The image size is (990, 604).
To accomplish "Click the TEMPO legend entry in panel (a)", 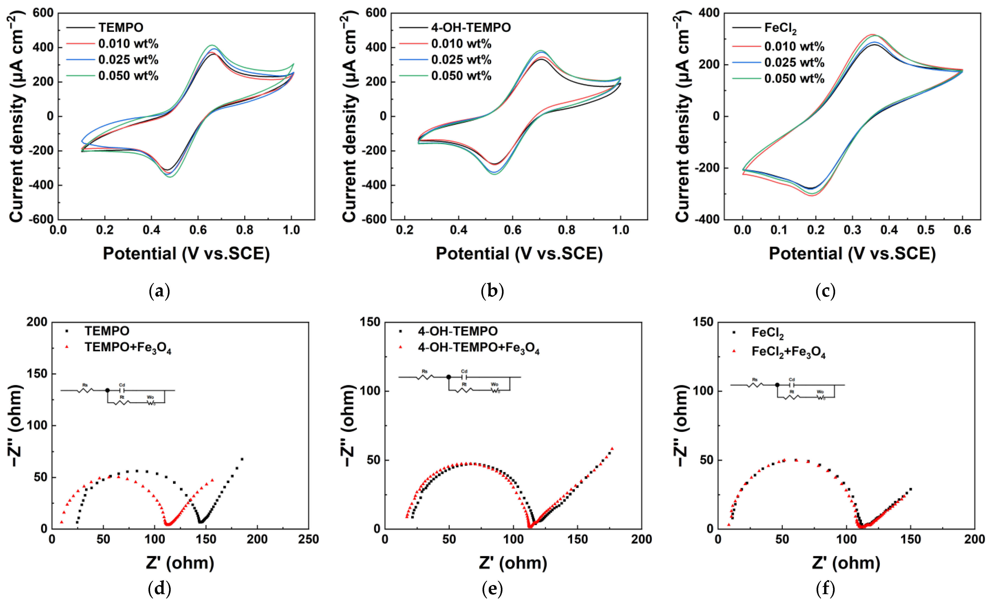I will pyautogui.click(x=121, y=27).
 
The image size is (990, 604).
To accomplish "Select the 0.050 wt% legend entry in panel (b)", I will pyautogui.click(x=461, y=76).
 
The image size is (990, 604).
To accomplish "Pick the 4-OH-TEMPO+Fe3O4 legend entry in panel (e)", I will pyautogui.click(x=478, y=348).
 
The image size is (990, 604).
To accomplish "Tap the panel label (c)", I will pyautogui.click(x=825, y=291).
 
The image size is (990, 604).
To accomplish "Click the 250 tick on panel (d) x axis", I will pyautogui.click(x=308, y=539).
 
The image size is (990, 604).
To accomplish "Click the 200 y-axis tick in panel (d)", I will pyautogui.click(x=37, y=322).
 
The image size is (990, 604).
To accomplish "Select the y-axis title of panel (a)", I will pyautogui.click(x=16, y=116).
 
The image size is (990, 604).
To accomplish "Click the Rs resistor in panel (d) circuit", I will pyautogui.click(x=85, y=390).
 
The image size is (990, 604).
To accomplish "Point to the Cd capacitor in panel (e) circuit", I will pyautogui.click(x=464, y=377).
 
